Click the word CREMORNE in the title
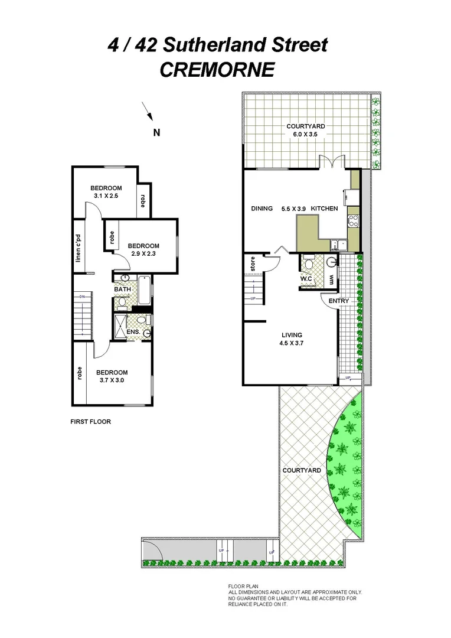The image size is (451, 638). (x=217, y=70)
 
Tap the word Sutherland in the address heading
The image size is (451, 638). (x=240, y=45)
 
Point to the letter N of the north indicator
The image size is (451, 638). (x=157, y=132)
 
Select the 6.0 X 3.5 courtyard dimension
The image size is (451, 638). (x=305, y=135)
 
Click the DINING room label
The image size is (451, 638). (x=262, y=209)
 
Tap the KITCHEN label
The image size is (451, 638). (x=324, y=209)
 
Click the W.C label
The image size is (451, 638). (x=306, y=278)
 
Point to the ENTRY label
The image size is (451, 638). (x=339, y=301)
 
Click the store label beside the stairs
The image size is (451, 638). (x=252, y=265)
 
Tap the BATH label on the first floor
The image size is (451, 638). (x=122, y=289)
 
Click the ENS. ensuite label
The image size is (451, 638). (x=133, y=332)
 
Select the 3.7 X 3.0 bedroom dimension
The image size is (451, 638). (x=112, y=380)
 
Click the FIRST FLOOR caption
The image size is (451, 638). (x=90, y=422)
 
